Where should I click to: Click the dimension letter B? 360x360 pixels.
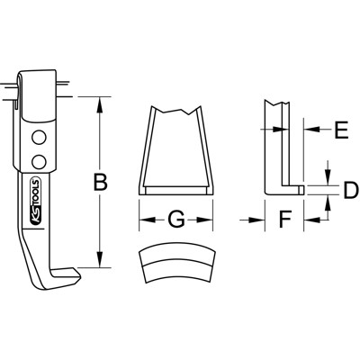click(102, 183)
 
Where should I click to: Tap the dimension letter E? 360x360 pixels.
click(340, 131)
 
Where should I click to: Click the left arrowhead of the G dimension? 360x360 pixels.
click(143, 219)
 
